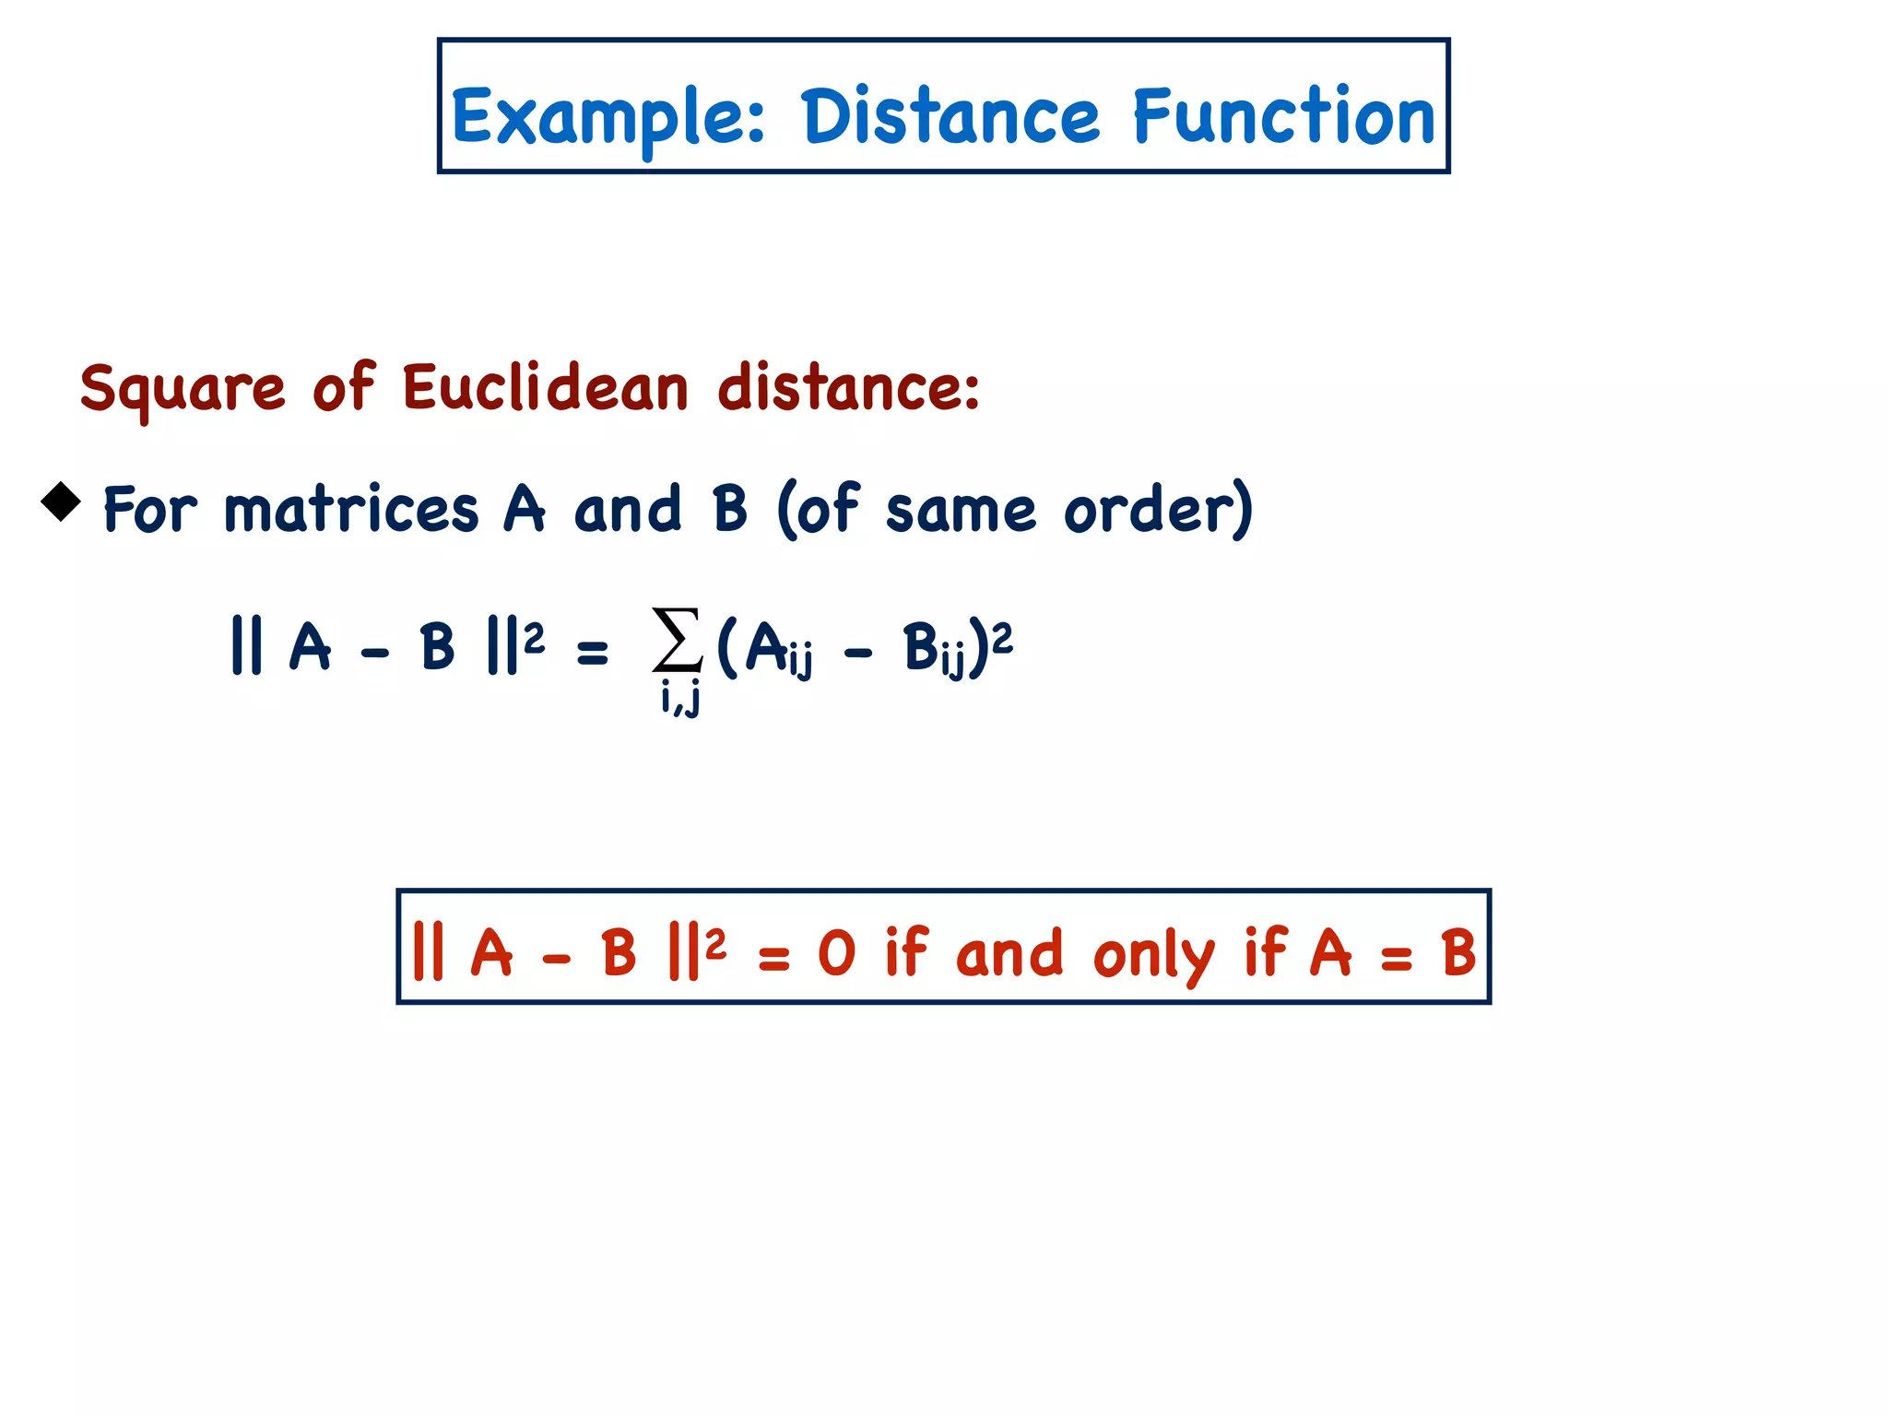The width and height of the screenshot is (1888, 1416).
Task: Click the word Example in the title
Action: (x=608, y=118)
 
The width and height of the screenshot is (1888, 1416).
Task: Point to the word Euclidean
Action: (x=546, y=387)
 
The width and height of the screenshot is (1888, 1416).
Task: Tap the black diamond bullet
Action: (x=61, y=501)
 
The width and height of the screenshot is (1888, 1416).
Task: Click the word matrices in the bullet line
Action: (x=351, y=509)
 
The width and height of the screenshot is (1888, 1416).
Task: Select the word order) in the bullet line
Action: (x=1159, y=509)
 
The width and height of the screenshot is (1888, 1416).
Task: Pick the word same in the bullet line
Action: (x=961, y=511)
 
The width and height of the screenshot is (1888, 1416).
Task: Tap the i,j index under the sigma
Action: (x=680, y=699)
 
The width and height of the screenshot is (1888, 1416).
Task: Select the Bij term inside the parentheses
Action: (x=934, y=649)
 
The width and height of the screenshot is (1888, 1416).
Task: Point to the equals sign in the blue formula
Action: (x=592, y=653)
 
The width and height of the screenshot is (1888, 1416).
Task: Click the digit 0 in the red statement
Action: (x=837, y=953)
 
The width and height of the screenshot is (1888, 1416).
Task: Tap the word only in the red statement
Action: (x=1153, y=955)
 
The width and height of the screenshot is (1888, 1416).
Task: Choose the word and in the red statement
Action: (x=1009, y=953)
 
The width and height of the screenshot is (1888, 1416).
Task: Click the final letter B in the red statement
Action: (x=1458, y=953)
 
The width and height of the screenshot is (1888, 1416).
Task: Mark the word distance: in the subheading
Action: (x=848, y=387)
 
